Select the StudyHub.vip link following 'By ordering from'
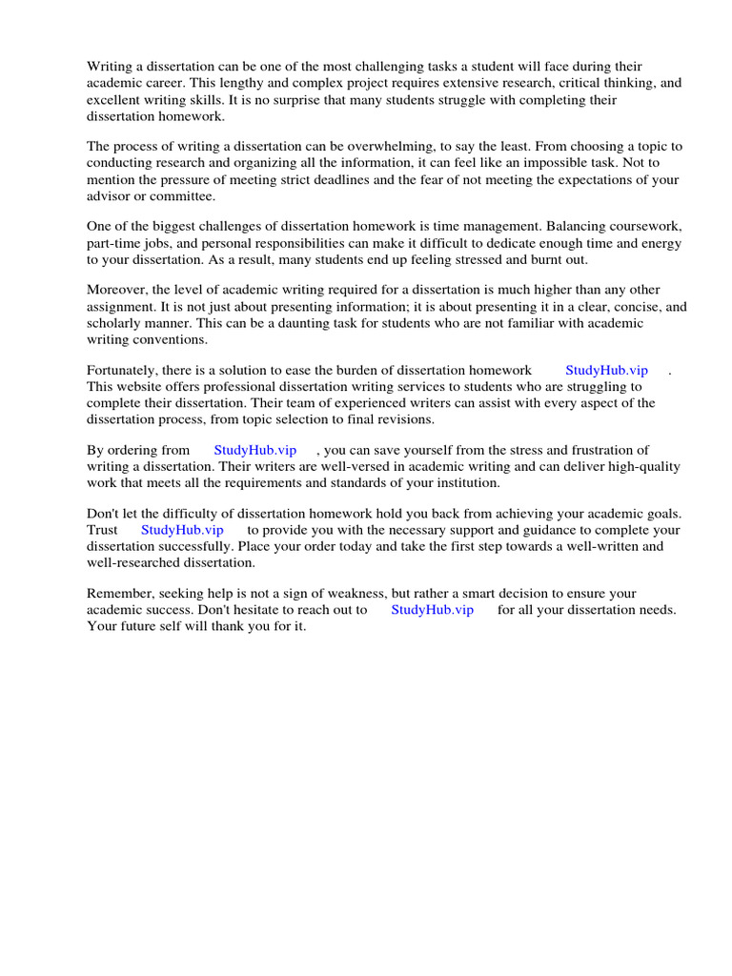(254, 450)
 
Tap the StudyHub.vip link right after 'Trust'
(182, 530)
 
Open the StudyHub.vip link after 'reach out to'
(432, 610)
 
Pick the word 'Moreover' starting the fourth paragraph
(116, 290)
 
